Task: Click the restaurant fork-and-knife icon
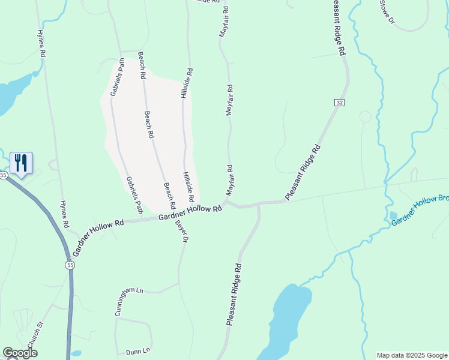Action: click(21, 162)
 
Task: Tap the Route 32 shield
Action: click(340, 103)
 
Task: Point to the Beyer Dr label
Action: click(182, 231)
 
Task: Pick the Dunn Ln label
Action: click(137, 351)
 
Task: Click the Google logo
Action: click(20, 353)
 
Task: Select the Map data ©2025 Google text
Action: click(411, 355)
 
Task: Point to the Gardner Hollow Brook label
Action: click(420, 211)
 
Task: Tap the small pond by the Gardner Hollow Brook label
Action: click(393, 215)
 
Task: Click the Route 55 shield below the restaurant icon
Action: click(4, 175)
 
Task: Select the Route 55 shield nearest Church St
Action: click(70, 265)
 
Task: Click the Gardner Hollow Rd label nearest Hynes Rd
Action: click(98, 230)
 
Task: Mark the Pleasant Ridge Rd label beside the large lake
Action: click(234, 295)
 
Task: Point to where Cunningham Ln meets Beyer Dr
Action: click(179, 284)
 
